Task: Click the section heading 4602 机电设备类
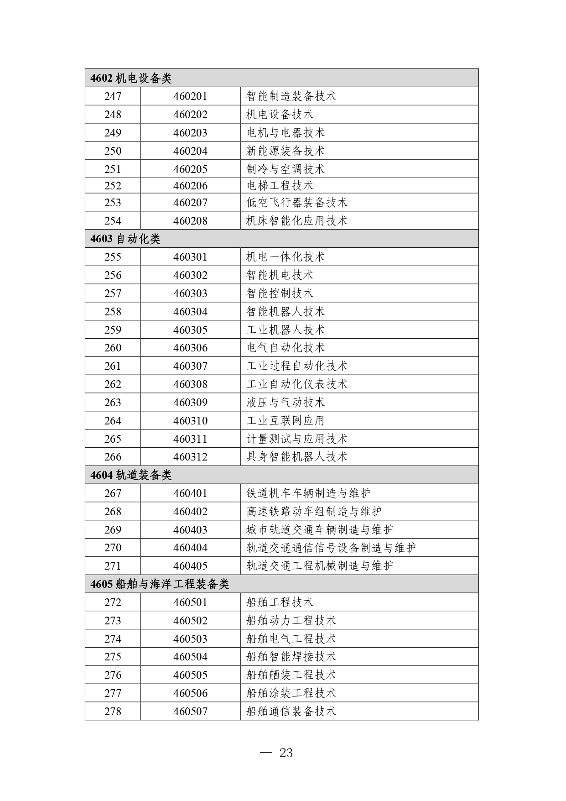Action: [x=131, y=78]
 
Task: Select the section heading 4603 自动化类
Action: [x=125, y=239]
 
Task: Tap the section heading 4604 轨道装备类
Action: [x=131, y=475]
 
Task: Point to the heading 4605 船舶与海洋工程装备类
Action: [x=159, y=584]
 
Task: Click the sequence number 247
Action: [x=113, y=96]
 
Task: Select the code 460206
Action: [x=190, y=186]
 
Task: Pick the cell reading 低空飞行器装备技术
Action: [x=296, y=203]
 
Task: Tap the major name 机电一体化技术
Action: [x=285, y=257]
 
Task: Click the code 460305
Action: [x=190, y=330]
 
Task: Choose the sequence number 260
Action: [x=113, y=348]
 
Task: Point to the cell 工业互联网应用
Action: [x=285, y=421]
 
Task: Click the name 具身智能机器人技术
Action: [x=296, y=457]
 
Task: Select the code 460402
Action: [x=190, y=512]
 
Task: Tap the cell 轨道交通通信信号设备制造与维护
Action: [x=331, y=548]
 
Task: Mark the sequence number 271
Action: [x=113, y=566]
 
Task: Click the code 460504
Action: [x=190, y=657]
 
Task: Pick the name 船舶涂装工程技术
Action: [x=291, y=693]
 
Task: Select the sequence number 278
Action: [x=113, y=712]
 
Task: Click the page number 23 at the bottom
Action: [x=286, y=753]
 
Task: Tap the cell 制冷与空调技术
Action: [x=285, y=169]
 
